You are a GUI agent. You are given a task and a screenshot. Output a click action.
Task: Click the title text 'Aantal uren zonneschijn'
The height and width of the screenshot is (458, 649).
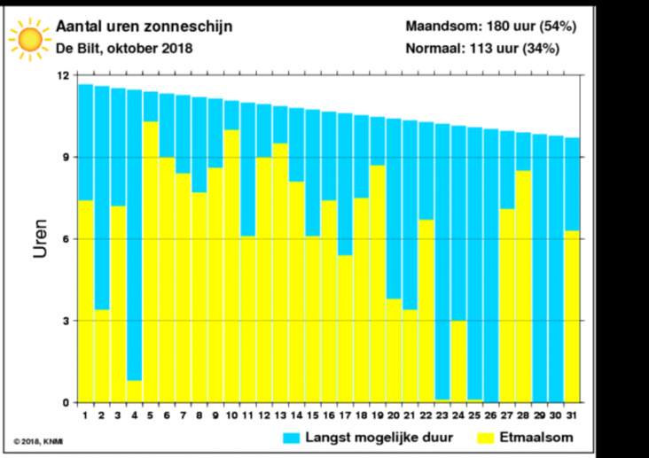coord(145,27)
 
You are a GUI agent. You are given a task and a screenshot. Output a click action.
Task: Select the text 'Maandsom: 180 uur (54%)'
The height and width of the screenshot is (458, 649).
coord(491,27)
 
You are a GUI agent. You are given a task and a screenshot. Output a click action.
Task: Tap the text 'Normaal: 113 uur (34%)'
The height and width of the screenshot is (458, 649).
coord(482,49)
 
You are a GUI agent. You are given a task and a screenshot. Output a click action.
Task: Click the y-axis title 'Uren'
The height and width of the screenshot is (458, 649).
coord(41,238)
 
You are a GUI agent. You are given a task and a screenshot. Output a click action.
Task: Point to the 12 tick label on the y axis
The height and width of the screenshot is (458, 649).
coord(62,76)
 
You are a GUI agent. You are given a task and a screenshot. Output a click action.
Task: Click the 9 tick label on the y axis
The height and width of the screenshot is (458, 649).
coord(66,158)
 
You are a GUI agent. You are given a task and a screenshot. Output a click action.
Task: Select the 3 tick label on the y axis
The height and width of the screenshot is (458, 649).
coord(66,321)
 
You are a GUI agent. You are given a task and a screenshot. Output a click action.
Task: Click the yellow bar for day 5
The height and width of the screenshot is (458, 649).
coord(151,261)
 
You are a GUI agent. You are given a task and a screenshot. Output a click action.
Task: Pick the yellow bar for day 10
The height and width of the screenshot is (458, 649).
coord(231,266)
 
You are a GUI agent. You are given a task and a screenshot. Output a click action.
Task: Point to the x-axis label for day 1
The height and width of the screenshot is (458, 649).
coord(86,415)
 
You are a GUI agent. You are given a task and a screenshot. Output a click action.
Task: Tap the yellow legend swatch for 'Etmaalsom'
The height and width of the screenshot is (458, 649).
coord(485,438)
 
